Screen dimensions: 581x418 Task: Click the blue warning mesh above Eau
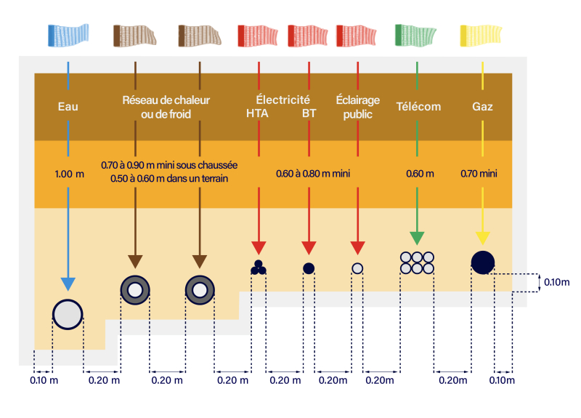click(68, 35)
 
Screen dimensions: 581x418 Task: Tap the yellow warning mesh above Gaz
click(481, 35)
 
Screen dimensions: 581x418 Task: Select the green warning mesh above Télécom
click(415, 35)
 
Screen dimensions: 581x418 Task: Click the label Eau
click(68, 107)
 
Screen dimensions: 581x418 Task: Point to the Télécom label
click(419, 106)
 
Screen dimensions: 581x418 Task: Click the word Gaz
click(482, 107)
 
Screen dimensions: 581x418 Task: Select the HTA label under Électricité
click(257, 113)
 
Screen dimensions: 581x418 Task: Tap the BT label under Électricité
click(309, 113)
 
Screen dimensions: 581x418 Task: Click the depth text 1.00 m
click(69, 174)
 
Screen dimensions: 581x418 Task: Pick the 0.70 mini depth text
click(479, 174)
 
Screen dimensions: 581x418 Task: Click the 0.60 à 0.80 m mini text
click(313, 174)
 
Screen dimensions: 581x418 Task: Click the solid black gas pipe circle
click(483, 262)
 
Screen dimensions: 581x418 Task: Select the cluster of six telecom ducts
click(417, 263)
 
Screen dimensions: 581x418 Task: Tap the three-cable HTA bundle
click(259, 268)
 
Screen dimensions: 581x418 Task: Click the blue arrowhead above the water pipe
click(68, 284)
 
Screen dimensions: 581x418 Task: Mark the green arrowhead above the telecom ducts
click(417, 238)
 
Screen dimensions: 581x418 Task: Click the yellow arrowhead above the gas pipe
click(482, 238)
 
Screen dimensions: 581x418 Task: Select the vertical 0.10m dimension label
click(556, 282)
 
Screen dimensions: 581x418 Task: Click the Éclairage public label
click(357, 107)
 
